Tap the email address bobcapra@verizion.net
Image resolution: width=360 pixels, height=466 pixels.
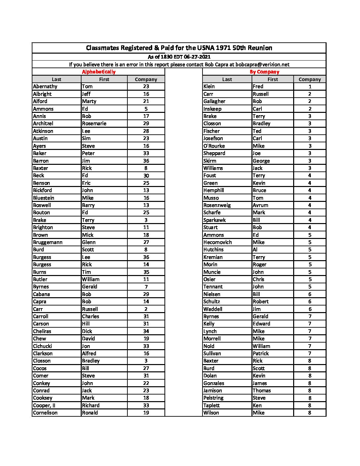[262, 65]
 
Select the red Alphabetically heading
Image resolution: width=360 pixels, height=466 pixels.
[99, 72]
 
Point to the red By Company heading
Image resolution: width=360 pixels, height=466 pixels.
[264, 72]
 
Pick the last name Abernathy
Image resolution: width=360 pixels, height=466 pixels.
[45, 86]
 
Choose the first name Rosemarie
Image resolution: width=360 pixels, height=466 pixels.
[94, 123]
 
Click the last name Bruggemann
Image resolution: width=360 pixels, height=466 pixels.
[48, 242]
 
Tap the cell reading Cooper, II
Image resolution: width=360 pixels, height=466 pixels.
[44, 405]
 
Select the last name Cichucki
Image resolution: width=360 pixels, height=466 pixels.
[43, 346]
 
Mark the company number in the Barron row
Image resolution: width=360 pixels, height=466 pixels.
[146, 161]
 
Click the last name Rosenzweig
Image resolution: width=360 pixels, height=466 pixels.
[217, 205]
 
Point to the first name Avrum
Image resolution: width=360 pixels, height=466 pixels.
[260, 205]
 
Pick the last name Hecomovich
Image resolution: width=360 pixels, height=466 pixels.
[218, 242]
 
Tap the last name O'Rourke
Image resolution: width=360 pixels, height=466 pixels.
[214, 146]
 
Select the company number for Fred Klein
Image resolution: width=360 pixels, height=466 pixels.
[310, 86]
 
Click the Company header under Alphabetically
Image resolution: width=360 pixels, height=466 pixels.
[146, 79]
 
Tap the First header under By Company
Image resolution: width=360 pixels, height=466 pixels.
[273, 79]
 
